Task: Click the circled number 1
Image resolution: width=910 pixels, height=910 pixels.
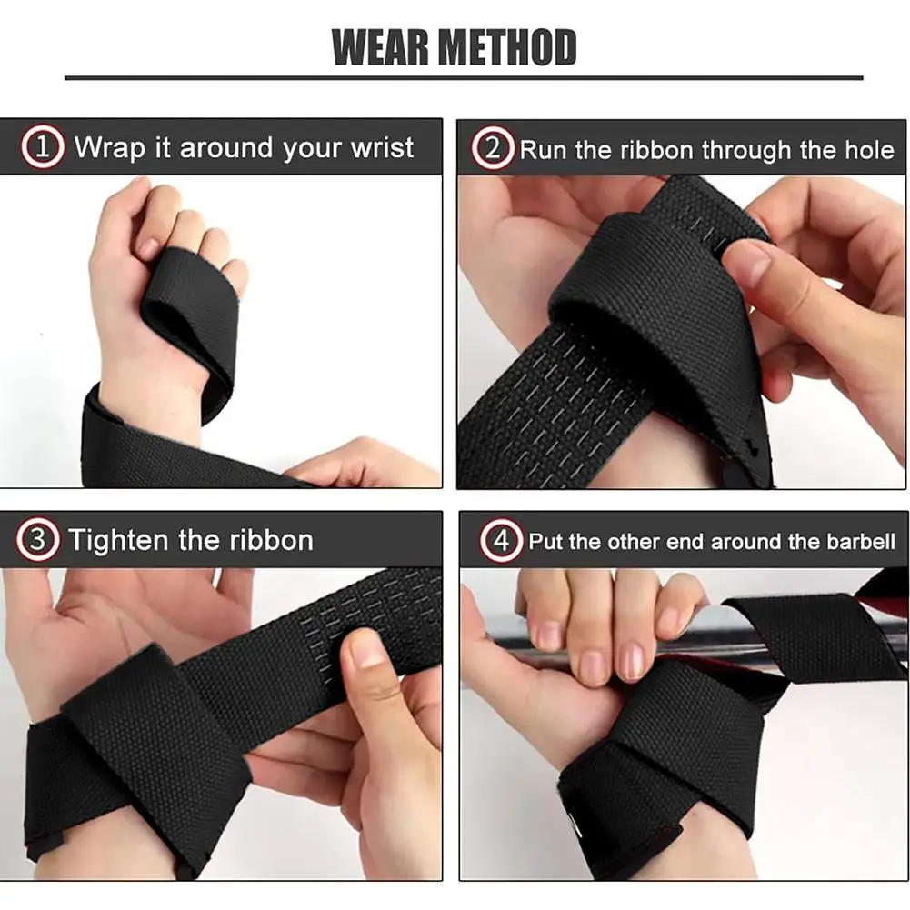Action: click(x=42, y=147)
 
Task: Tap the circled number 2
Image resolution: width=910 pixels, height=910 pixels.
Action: click(x=492, y=148)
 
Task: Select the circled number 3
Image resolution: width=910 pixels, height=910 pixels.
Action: click(x=37, y=540)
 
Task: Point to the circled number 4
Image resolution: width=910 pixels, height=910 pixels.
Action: click(x=501, y=541)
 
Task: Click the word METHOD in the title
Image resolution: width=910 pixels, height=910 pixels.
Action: click(x=507, y=47)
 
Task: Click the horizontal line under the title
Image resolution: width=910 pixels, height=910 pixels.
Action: click(x=464, y=77)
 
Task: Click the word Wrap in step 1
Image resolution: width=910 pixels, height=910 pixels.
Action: click(x=110, y=148)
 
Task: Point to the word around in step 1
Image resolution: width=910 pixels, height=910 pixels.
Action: click(x=226, y=148)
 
